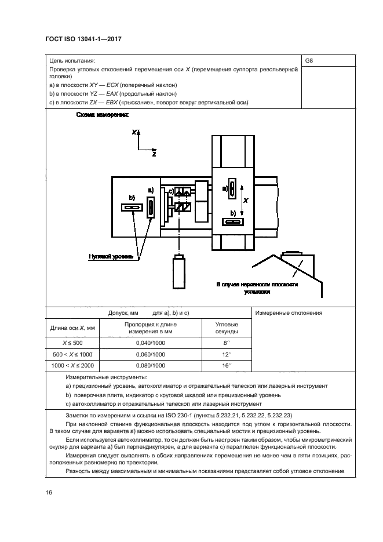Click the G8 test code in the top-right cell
(309, 60)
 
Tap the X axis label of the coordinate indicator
(134, 133)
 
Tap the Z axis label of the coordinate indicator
(154, 155)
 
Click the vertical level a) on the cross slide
(231, 189)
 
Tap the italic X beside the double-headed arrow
(246, 201)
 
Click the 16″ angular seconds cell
(227, 366)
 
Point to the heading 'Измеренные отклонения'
(288, 313)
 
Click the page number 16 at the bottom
(49, 492)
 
